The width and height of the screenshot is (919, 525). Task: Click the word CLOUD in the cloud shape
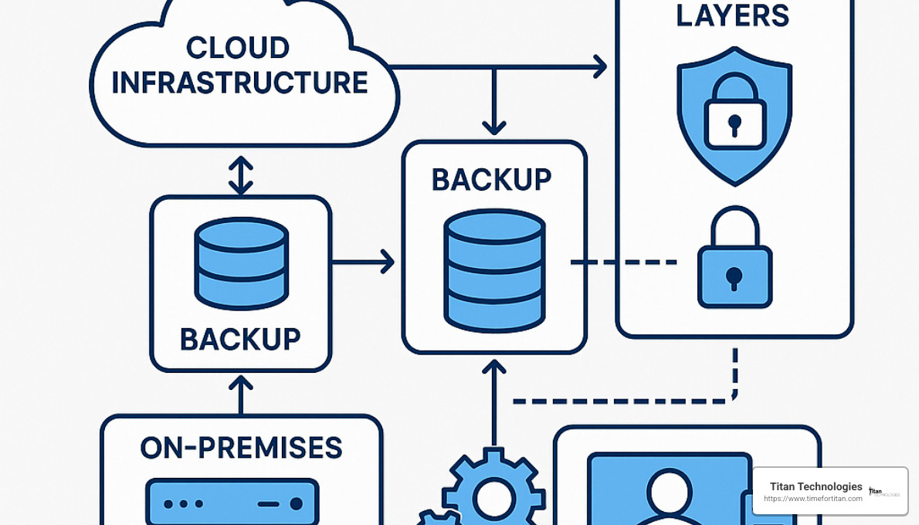point(238,48)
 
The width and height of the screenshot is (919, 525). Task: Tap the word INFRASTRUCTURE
point(239,83)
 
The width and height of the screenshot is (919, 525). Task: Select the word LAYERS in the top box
point(732,15)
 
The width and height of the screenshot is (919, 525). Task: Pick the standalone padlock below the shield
point(734,262)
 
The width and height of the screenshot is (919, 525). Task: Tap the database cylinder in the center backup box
point(494,270)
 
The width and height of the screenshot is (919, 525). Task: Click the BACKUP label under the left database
point(240,339)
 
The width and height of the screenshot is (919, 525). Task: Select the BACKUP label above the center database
point(491,180)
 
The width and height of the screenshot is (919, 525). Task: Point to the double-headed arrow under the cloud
point(241,175)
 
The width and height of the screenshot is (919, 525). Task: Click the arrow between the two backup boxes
point(363,262)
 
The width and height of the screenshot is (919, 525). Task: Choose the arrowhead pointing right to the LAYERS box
point(598,66)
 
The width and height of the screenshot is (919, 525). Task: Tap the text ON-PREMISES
point(241,448)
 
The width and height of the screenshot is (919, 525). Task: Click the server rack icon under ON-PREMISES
point(232,503)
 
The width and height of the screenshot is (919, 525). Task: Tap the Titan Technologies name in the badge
point(816,486)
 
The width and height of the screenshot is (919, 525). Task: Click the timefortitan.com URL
point(812,499)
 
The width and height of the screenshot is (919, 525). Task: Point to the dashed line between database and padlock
point(624,262)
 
